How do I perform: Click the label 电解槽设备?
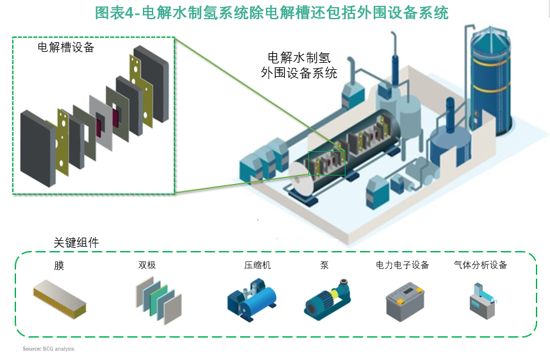click(66, 47)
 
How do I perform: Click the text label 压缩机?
click(257, 265)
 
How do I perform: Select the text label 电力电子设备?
click(402, 265)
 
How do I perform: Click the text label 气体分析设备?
click(480, 265)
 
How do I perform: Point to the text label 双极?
click(147, 265)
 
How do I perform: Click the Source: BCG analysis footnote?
click(49, 349)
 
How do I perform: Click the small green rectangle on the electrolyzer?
click(327, 163)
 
